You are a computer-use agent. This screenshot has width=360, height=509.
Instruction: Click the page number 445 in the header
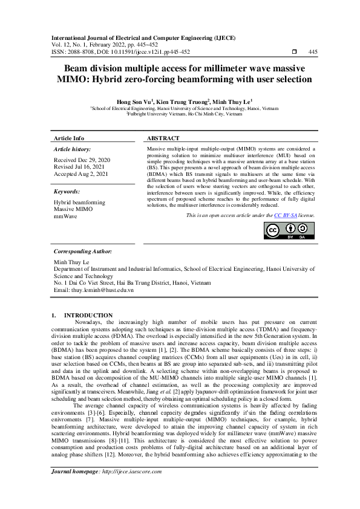(313, 52)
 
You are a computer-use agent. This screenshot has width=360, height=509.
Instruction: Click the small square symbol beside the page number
(294, 52)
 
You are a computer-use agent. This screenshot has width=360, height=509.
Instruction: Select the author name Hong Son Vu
(133, 102)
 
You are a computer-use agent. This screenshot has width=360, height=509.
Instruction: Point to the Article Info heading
(70, 138)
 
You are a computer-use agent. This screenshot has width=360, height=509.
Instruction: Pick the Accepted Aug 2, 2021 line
(81, 174)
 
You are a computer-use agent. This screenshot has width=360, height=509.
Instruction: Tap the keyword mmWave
(65, 216)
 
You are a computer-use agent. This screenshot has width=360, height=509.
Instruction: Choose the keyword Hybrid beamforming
(79, 203)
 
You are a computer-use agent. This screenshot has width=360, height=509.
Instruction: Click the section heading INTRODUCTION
(89, 315)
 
